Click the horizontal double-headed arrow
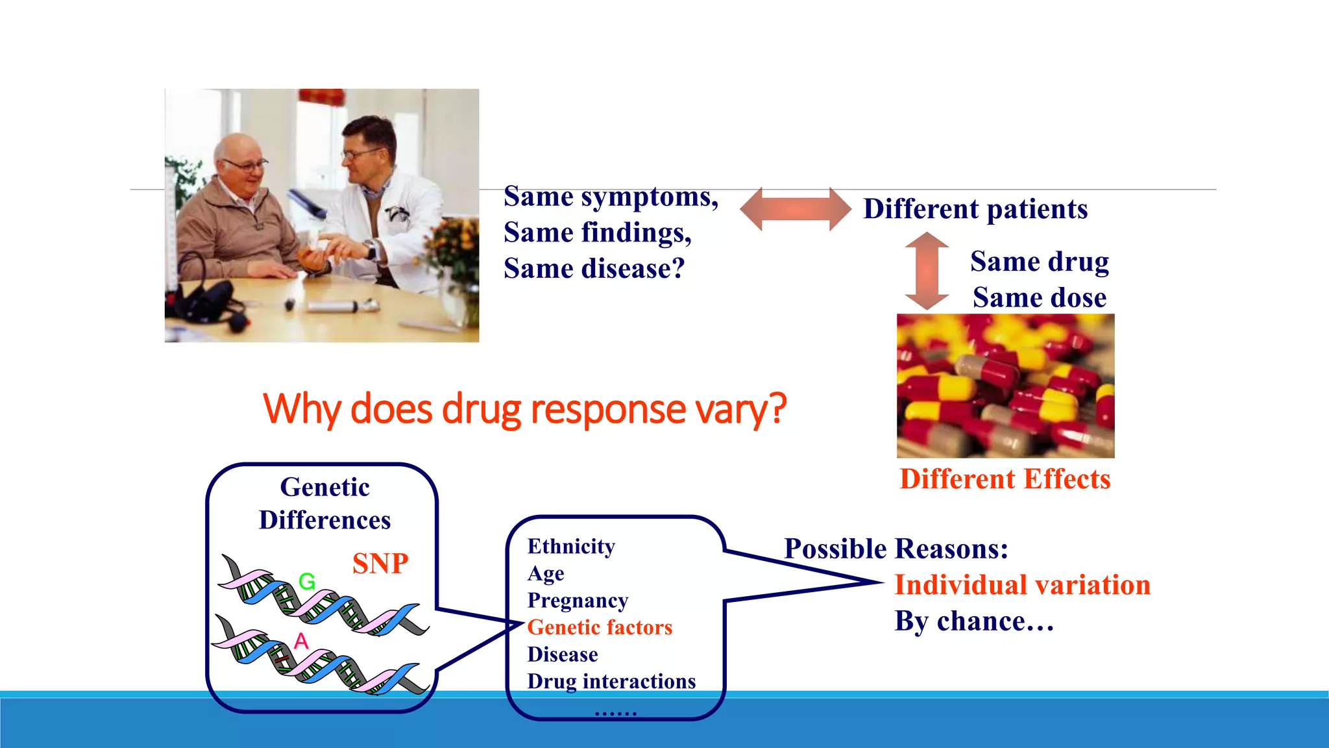point(795,209)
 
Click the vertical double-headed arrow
point(927,271)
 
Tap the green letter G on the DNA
point(307,581)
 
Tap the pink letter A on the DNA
point(301,642)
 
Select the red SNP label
point(380,563)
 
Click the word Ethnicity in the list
point(571,547)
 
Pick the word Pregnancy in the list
point(578,601)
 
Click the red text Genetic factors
point(600,628)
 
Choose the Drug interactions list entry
point(611,682)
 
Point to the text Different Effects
point(1005,479)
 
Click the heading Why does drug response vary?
point(524,410)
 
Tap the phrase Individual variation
point(1022,585)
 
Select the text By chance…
point(973,621)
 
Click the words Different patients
point(975,209)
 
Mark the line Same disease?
point(594,269)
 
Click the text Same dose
point(1040,298)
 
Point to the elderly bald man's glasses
point(245,165)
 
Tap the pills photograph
point(1005,386)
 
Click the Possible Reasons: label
point(896,549)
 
